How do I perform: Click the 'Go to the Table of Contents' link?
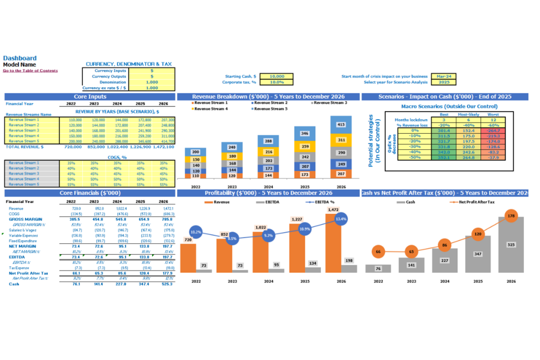31,71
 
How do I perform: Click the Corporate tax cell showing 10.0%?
276,82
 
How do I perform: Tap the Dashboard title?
20,58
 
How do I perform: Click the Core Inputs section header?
90,97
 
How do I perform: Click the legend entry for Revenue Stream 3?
330,103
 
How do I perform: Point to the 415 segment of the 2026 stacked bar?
341,125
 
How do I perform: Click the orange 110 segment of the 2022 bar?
196,175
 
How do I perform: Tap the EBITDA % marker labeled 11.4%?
341,219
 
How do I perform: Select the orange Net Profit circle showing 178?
510,216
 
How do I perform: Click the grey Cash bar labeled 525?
510,245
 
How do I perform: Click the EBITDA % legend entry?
321,203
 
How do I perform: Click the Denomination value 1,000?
152,82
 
